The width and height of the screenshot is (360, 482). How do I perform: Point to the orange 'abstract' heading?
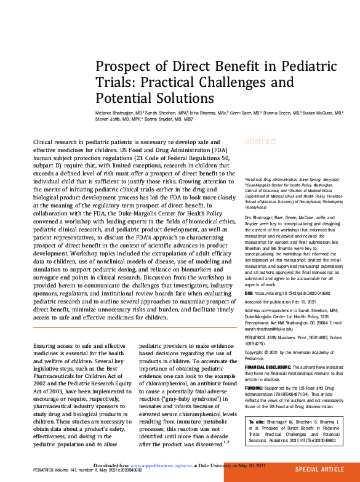coord(261,142)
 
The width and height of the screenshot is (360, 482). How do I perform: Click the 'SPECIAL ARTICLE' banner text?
coord(320,469)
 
